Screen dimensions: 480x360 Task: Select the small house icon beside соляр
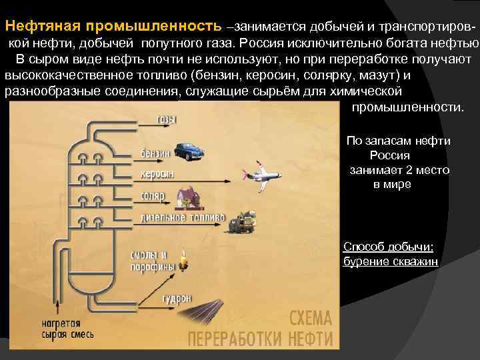185,195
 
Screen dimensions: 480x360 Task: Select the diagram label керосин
157,173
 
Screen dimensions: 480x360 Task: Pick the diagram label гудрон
177,298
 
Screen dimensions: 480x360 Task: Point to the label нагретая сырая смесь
67,329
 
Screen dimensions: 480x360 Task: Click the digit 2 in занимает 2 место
405,170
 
